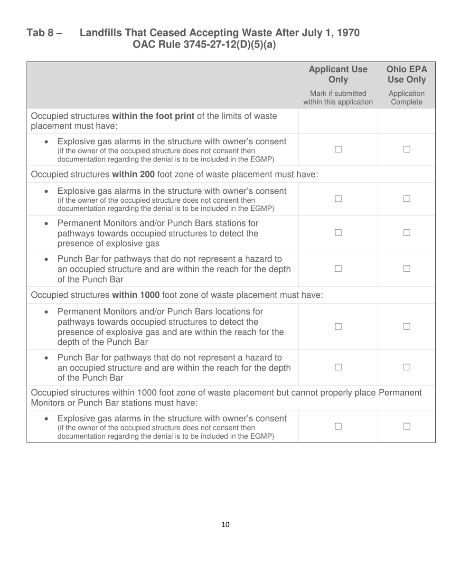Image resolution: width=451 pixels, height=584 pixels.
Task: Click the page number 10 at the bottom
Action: (225, 525)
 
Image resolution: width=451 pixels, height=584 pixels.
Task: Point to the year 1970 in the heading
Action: (347, 33)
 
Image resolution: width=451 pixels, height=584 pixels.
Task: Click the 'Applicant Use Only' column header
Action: (338, 74)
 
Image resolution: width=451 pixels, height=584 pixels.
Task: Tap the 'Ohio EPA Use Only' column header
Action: (406, 74)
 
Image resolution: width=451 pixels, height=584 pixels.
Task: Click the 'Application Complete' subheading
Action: (406, 98)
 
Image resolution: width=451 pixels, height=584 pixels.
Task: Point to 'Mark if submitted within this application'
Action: (338, 98)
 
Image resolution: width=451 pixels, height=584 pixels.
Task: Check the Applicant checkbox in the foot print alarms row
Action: (338, 150)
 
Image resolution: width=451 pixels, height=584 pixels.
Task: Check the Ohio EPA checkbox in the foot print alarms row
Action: (406, 150)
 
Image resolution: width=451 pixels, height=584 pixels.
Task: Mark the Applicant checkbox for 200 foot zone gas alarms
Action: (338, 199)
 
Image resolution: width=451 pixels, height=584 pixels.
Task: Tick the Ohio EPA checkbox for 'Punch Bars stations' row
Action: (406, 233)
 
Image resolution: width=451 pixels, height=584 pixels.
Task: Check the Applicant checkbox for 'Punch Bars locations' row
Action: (338, 327)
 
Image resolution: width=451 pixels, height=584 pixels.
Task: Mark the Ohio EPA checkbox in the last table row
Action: (406, 426)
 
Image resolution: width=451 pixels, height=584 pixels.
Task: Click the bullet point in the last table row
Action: (46, 419)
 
